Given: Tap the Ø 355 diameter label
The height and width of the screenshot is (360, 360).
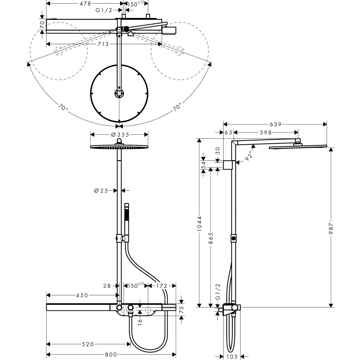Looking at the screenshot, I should tap(119, 134).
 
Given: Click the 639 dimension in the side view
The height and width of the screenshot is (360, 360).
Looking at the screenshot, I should tap(275, 124).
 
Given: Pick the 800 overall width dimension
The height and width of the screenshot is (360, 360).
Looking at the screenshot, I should tap(110, 354).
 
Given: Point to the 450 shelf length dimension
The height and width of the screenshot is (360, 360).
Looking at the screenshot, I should tap(81, 295).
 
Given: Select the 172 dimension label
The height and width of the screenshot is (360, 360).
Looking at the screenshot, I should tap(162, 286).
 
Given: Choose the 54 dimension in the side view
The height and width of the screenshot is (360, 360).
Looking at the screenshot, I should tap(203, 165).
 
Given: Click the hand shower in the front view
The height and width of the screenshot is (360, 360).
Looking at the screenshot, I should tap(126, 220).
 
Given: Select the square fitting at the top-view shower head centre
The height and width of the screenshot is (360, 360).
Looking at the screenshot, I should tap(119, 94).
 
